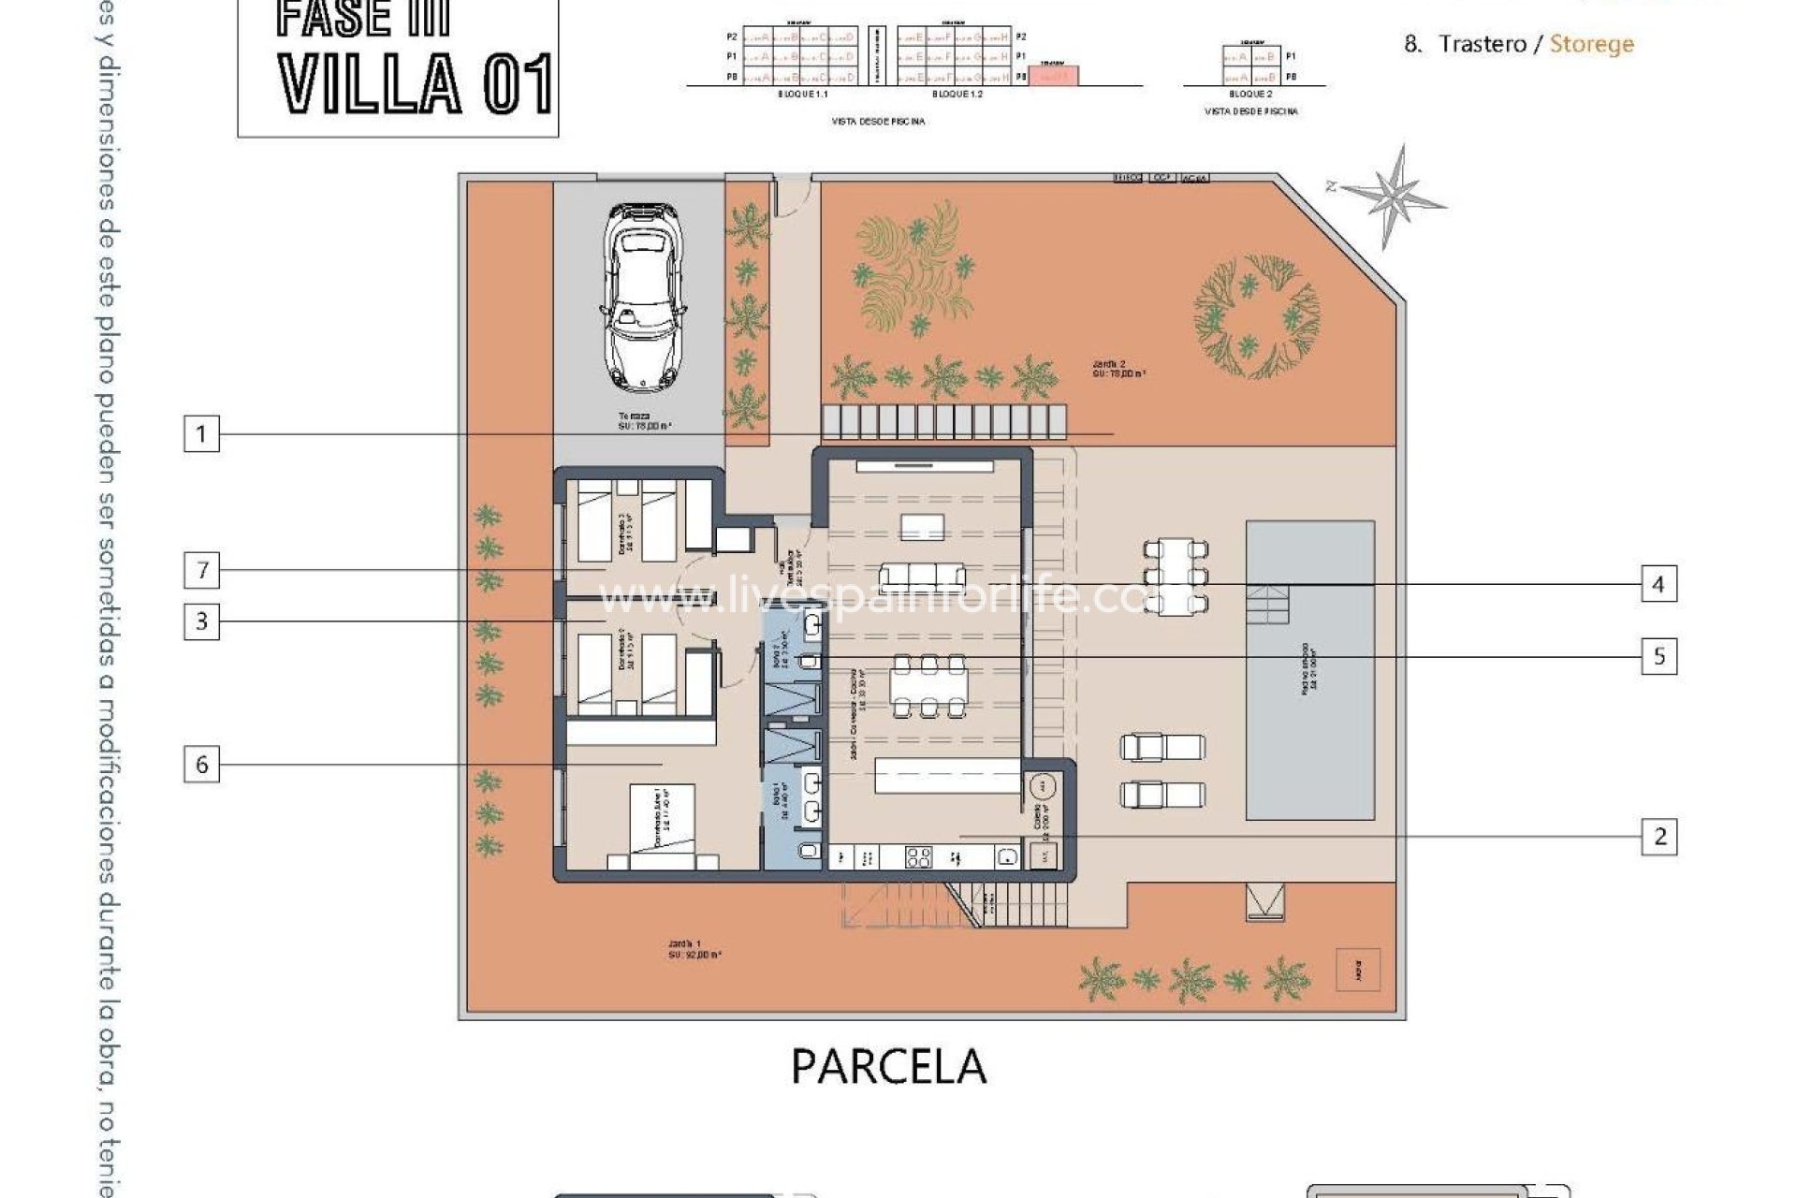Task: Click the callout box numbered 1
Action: click(x=201, y=434)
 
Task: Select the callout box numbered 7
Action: click(x=201, y=570)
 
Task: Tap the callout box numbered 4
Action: click(x=1658, y=585)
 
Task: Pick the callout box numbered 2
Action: click(x=1659, y=836)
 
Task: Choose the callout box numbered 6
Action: click(x=201, y=765)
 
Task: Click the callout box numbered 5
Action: click(x=1659, y=656)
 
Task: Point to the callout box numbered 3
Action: click(x=201, y=621)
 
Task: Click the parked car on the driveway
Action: click(x=645, y=297)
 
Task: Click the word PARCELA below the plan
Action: click(x=888, y=1066)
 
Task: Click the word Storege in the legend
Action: click(x=1591, y=44)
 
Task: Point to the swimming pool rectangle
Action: click(x=1310, y=670)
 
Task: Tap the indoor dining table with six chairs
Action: click(x=928, y=686)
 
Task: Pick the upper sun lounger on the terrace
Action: click(x=1162, y=747)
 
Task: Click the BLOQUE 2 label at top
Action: click(x=1250, y=95)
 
